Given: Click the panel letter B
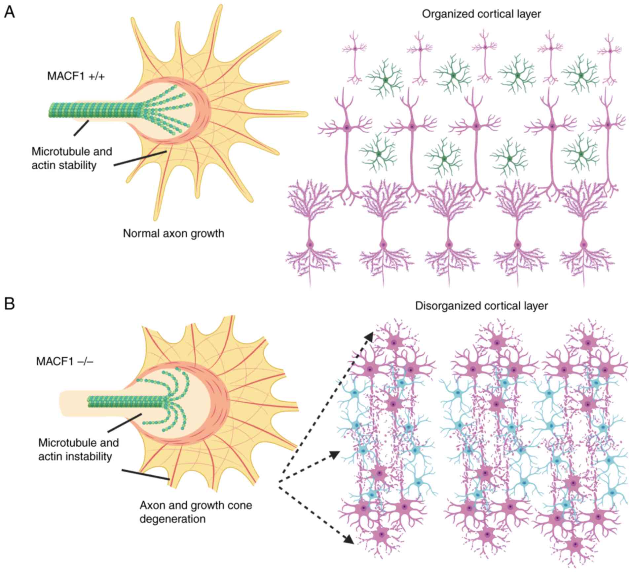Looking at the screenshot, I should [x=10, y=303].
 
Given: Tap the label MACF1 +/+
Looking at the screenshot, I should [x=76, y=76].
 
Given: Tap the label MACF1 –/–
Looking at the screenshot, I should [x=65, y=361].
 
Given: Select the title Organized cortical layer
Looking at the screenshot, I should [x=481, y=14].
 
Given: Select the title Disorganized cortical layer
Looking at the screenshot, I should [x=481, y=306].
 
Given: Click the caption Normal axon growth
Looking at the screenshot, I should [x=173, y=234].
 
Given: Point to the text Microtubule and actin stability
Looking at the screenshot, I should [x=72, y=158].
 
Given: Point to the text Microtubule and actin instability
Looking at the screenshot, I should [x=78, y=450].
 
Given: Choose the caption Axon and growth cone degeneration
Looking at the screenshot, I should [x=196, y=512].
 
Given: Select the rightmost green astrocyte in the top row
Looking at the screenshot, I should [x=580, y=75].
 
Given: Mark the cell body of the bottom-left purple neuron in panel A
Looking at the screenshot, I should [x=310, y=245].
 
